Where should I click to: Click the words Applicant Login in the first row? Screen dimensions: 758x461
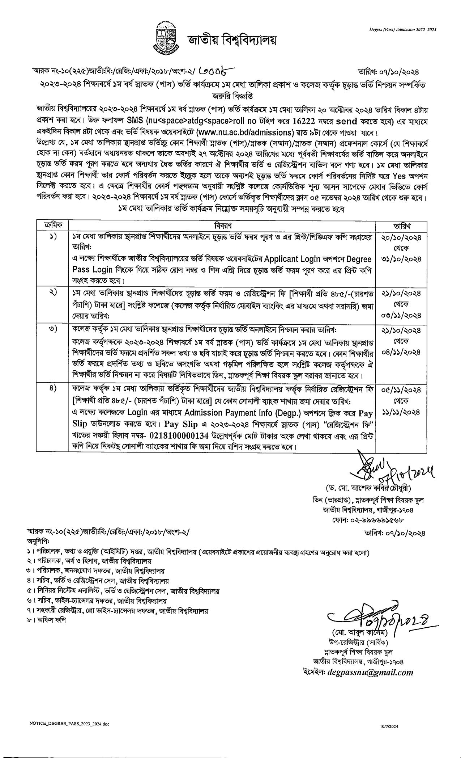click(x=292, y=259)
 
